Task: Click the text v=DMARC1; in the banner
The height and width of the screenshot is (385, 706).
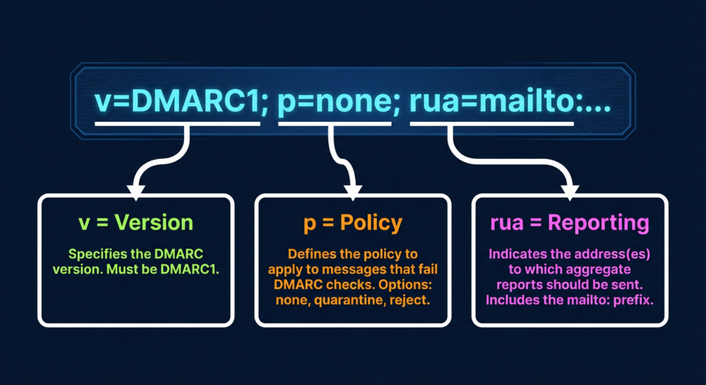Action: pyautogui.click(x=176, y=103)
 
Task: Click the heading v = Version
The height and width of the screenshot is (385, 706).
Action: pyautogui.click(x=135, y=222)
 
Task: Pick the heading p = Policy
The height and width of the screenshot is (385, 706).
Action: pyautogui.click(x=352, y=223)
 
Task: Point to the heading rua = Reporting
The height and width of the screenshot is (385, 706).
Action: pyautogui.click(x=569, y=223)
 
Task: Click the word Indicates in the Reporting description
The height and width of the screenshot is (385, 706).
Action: pyautogui.click(x=517, y=254)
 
